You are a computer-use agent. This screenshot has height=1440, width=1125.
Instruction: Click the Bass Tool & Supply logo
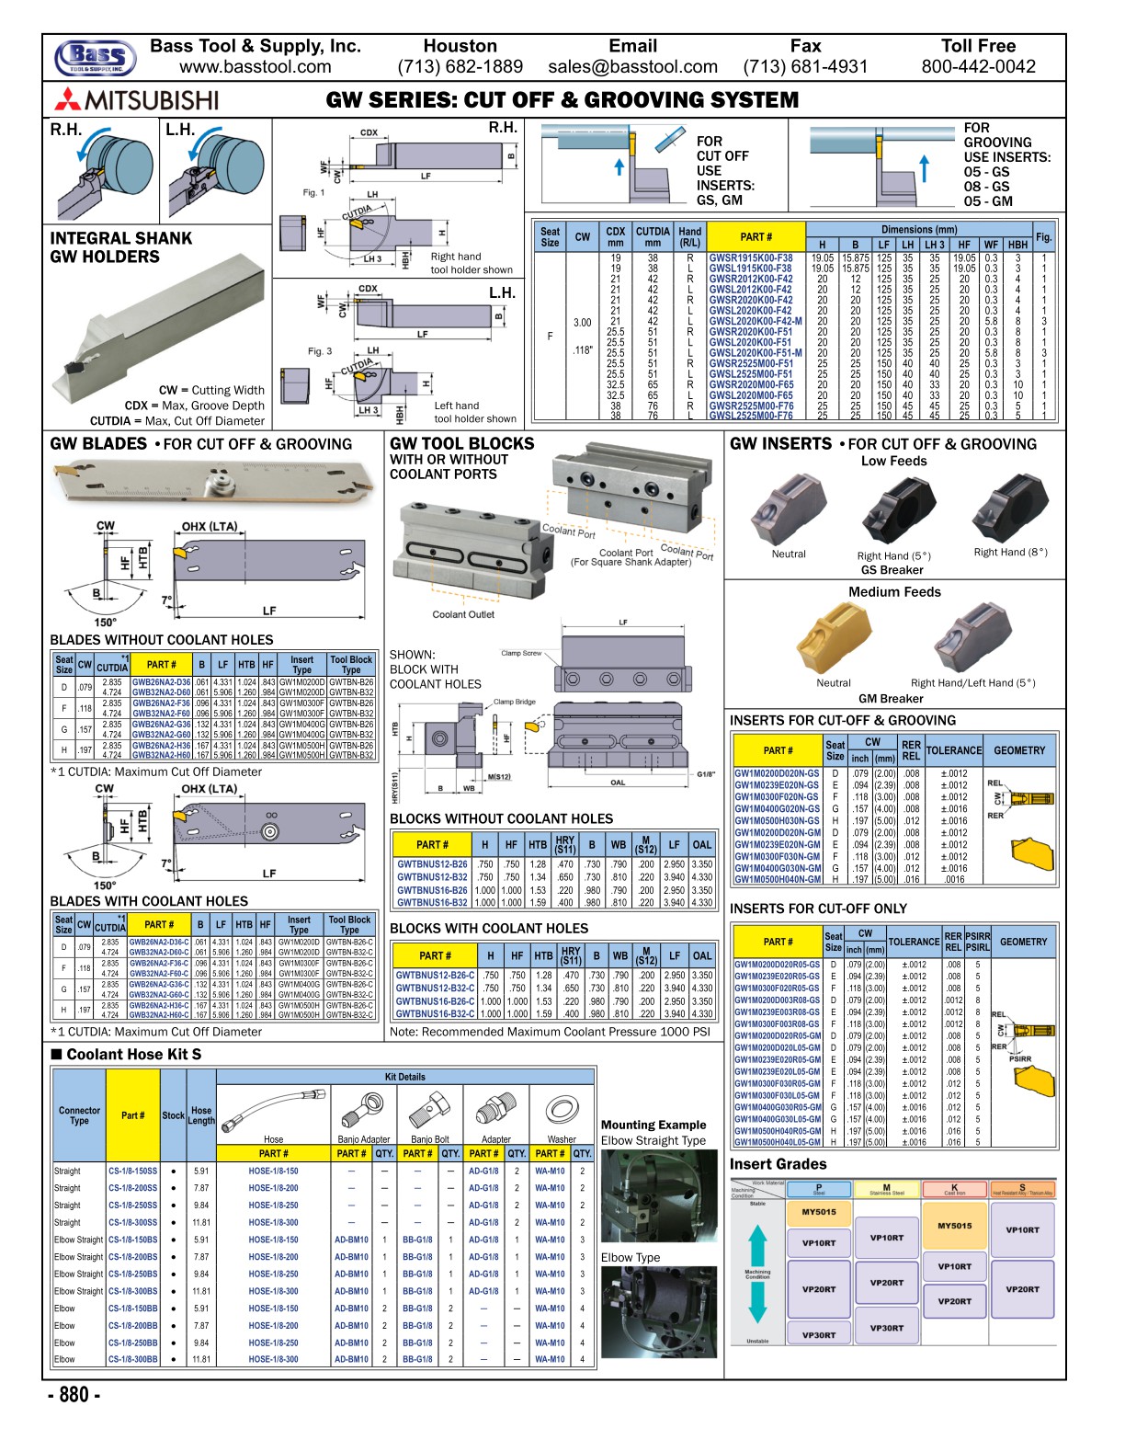(x=96, y=57)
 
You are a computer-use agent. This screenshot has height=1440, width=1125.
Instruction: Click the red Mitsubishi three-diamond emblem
(x=67, y=99)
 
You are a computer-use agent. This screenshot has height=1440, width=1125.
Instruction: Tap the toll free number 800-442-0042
(x=978, y=67)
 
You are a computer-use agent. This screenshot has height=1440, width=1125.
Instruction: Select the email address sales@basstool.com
(x=632, y=67)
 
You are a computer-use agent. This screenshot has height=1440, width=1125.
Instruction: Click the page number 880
(x=74, y=1395)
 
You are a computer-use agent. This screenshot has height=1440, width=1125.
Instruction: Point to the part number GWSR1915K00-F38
(x=750, y=258)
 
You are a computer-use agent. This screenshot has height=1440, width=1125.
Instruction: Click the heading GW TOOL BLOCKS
(x=461, y=443)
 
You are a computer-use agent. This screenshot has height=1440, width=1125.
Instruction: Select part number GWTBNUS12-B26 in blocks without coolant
(x=432, y=864)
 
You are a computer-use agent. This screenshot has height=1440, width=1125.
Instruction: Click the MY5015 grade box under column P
(x=818, y=1212)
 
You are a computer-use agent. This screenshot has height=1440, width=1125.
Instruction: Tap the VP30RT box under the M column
(x=886, y=1328)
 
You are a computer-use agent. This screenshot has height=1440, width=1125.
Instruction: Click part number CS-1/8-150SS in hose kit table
(x=132, y=1171)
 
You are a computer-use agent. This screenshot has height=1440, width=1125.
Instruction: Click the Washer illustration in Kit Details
(x=561, y=1110)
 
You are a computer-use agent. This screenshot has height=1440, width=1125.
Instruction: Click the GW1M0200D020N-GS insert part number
(x=776, y=773)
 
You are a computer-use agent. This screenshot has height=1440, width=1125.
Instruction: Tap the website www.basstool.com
(x=255, y=67)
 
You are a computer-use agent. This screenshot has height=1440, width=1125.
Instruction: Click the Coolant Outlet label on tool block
(x=463, y=614)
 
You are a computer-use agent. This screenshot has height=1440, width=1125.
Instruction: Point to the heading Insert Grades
(x=778, y=1164)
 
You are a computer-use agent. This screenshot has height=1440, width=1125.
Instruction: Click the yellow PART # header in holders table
(x=756, y=236)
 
